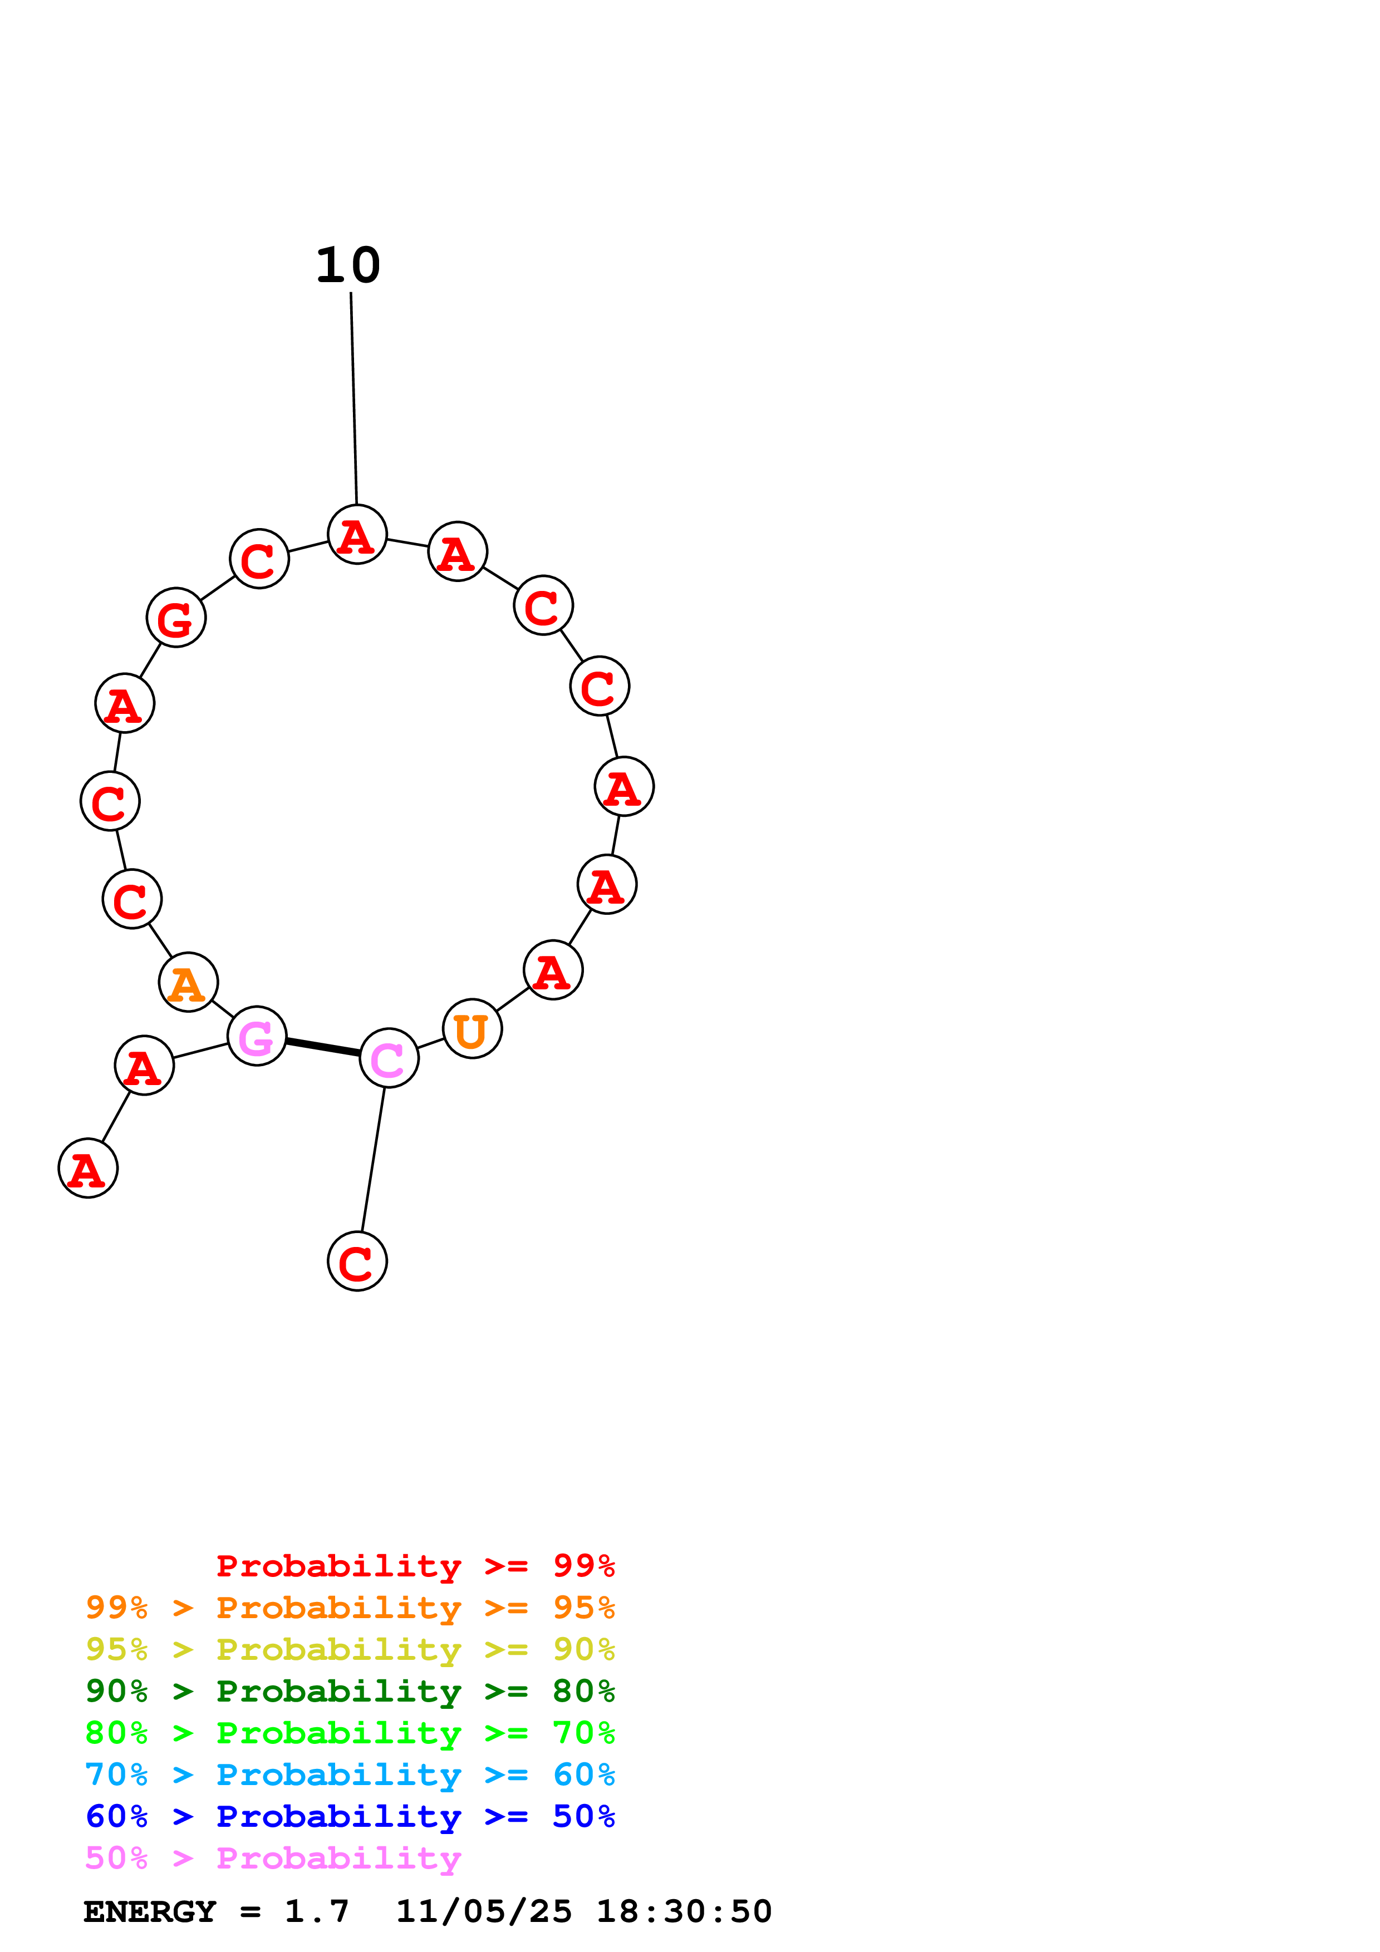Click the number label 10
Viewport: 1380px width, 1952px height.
(348, 265)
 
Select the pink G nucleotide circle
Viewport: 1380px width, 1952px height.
(257, 1036)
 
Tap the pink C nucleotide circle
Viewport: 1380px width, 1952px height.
(389, 1058)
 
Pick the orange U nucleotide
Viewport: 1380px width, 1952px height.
(472, 1029)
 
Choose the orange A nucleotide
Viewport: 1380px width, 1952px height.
(188, 983)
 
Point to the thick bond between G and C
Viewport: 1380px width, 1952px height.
(322, 1047)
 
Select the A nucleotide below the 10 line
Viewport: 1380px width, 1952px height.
(357, 535)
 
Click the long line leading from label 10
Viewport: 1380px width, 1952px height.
(353, 400)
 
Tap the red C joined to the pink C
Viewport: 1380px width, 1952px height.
(357, 1261)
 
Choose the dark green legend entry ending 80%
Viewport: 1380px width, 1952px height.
(350, 1691)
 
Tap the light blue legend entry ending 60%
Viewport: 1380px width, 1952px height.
(350, 1774)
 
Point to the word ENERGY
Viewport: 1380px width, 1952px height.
(150, 1911)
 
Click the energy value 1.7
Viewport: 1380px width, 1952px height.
(316, 1911)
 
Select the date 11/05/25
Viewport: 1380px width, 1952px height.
(484, 1911)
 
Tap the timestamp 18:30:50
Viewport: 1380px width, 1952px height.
(684, 1911)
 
